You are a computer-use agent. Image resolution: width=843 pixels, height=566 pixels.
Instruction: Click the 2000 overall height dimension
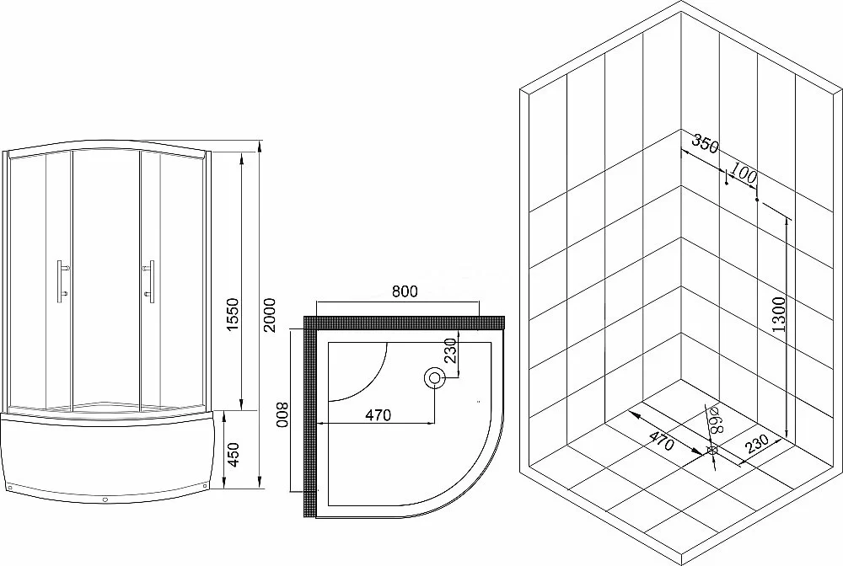coord(270,315)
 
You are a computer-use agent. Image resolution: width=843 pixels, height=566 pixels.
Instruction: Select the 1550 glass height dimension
coord(233,315)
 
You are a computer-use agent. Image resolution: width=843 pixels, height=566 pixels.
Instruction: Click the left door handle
coord(63,280)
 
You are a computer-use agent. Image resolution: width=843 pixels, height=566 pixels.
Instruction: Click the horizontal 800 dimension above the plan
coord(405,291)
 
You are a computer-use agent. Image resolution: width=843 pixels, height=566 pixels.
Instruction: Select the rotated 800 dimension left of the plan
coord(282,414)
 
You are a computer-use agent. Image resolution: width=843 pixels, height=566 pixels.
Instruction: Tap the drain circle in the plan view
coord(434,378)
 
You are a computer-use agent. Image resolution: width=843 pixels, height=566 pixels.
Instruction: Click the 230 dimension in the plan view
coord(450,350)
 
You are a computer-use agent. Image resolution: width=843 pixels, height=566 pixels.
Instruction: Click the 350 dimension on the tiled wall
coord(705,144)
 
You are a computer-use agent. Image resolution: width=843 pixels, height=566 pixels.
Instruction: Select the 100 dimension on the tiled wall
coord(744,174)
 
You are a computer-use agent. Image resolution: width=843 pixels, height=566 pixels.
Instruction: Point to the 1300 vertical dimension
coord(778,313)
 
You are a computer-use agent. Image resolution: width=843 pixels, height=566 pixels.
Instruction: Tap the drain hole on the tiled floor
coord(712,451)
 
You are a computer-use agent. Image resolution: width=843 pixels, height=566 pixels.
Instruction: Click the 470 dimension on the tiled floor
coord(660,441)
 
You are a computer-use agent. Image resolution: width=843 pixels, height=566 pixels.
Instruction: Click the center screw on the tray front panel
coord(105,499)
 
